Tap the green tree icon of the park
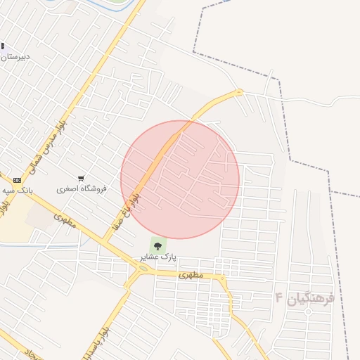tap(157, 246)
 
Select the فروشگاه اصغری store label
tap(82, 189)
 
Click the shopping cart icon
tap(82, 179)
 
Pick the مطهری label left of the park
tap(64, 219)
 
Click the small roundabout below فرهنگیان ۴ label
tap(308, 311)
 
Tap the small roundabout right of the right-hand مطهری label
tap(222, 278)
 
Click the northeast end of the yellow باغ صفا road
tap(239, 91)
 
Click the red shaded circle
tap(180, 179)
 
